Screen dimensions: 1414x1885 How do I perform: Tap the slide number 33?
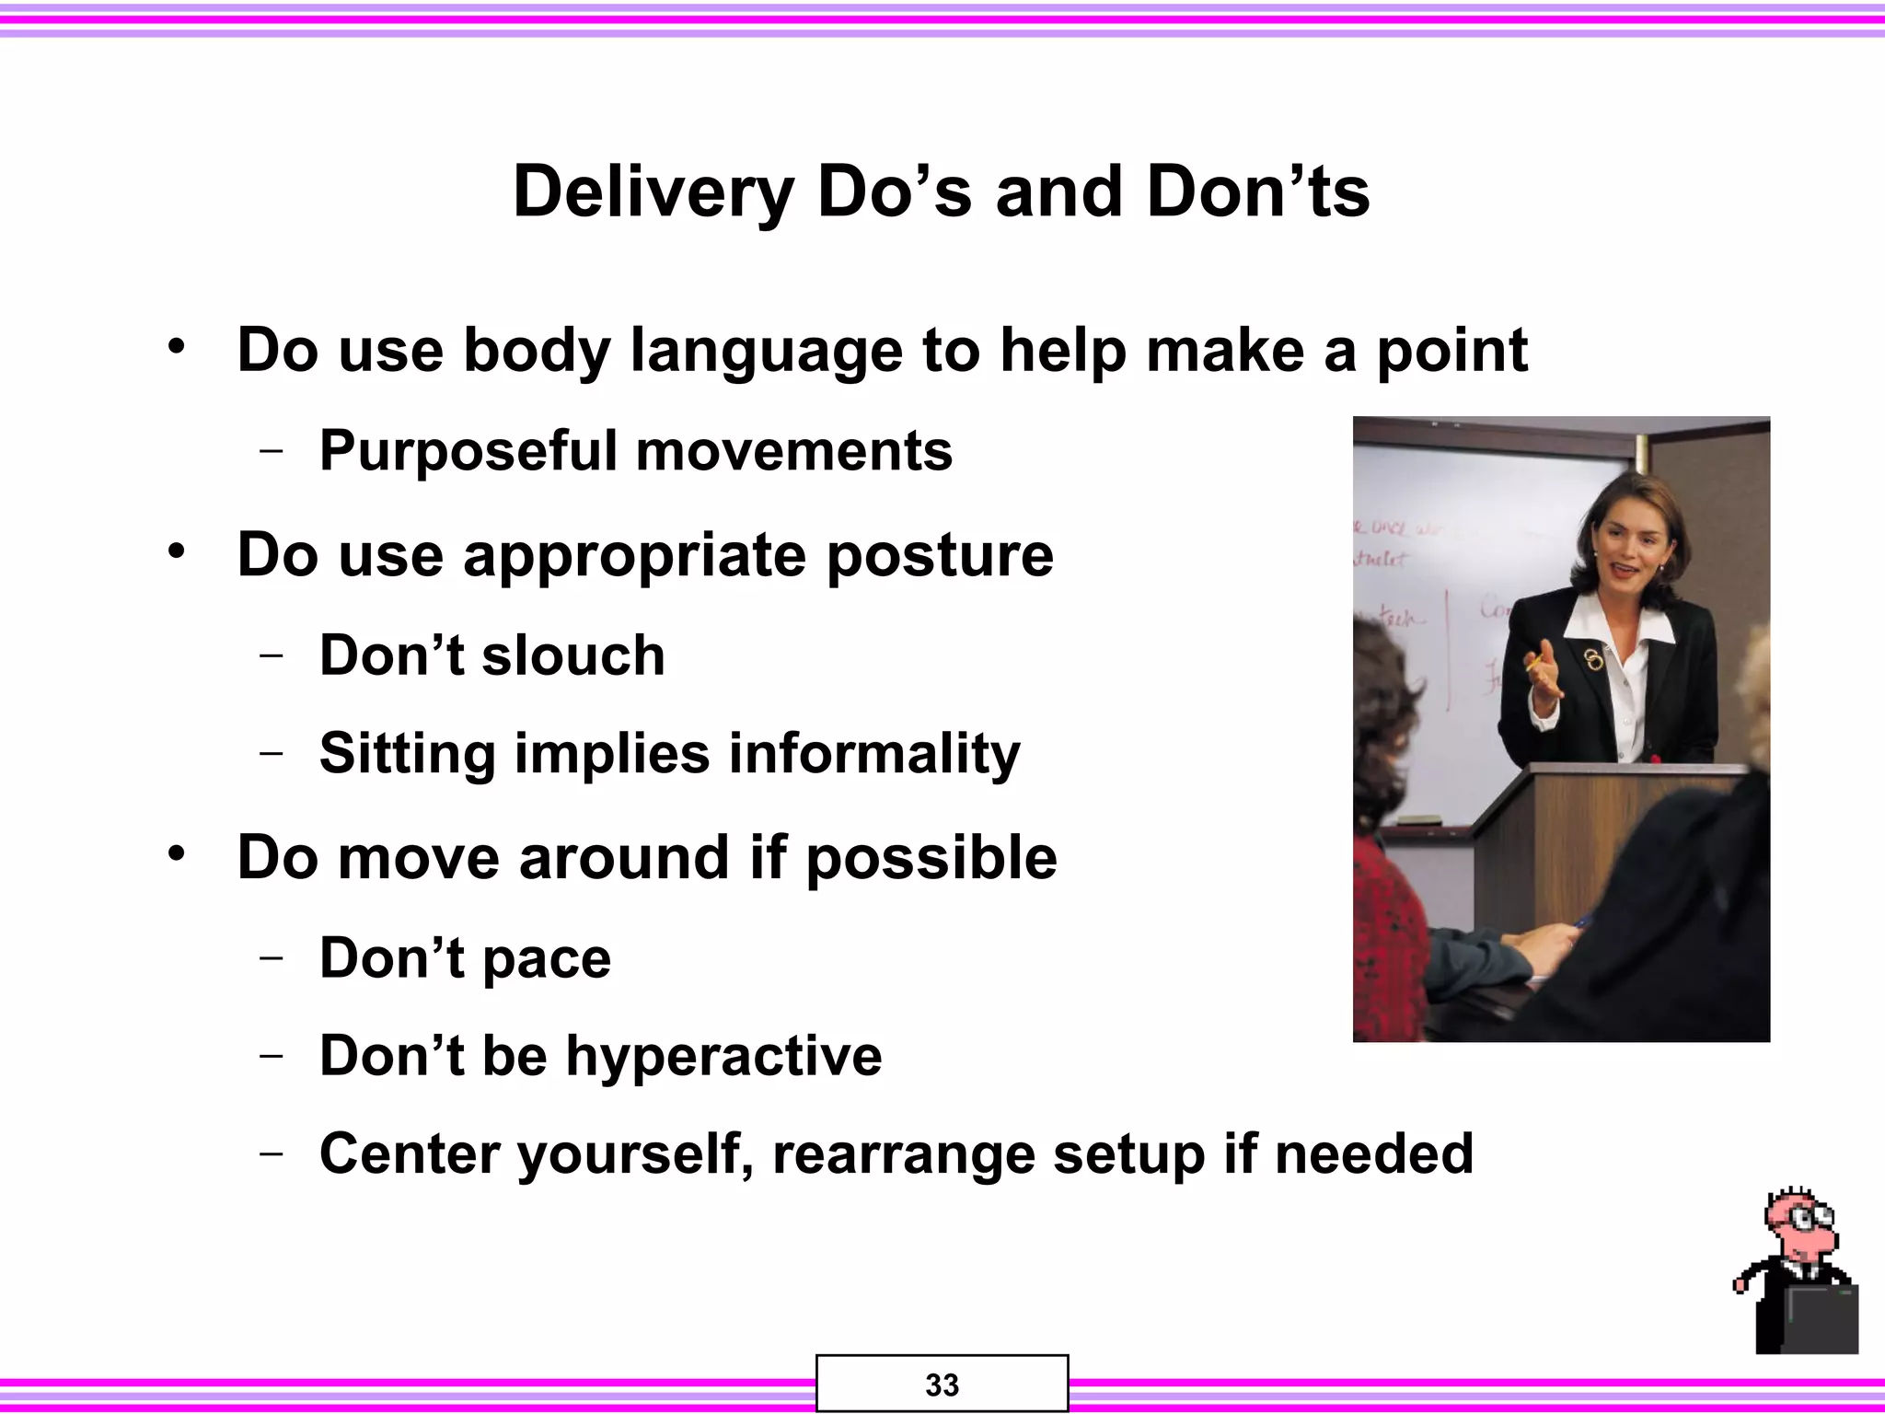[x=942, y=1385]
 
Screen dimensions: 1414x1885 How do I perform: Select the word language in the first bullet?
[x=766, y=352]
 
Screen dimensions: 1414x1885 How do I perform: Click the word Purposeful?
[x=468, y=451]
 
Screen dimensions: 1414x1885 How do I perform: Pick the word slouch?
[x=572, y=655]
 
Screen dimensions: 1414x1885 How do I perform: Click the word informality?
[x=874, y=754]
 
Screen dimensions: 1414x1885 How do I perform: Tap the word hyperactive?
[x=723, y=1056]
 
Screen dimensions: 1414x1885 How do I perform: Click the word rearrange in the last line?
[x=903, y=1154]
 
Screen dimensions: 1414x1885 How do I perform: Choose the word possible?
[x=931, y=858]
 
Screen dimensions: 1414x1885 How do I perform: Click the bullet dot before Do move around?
[x=177, y=852]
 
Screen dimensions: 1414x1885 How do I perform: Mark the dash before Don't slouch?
[x=272, y=655]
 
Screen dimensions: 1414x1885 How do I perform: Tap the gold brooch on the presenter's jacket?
[x=1592, y=658]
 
